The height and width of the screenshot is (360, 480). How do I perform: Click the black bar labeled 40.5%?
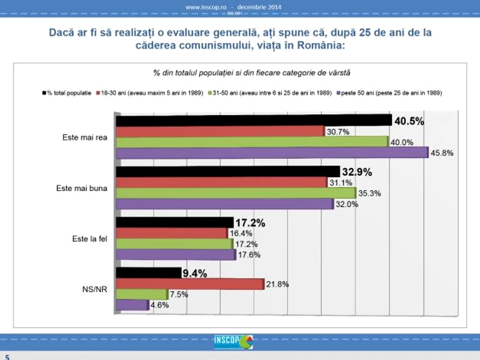tap(254, 120)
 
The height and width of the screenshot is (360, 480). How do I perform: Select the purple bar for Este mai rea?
tap(272, 153)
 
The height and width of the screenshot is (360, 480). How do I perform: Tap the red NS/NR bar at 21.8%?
tap(190, 284)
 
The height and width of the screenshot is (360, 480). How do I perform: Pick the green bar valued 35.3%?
tap(236, 193)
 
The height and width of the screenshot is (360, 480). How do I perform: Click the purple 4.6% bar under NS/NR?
tap(132, 305)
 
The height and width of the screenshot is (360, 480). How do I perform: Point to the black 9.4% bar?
tap(149, 273)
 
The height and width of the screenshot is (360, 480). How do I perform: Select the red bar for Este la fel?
tap(172, 233)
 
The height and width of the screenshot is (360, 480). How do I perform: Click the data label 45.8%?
tap(442, 153)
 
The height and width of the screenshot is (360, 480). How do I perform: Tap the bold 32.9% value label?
tap(357, 172)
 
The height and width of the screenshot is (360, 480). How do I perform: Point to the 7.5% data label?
tap(179, 294)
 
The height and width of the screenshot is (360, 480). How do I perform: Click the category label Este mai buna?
tap(82, 188)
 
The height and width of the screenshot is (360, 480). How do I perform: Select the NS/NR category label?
tap(94, 289)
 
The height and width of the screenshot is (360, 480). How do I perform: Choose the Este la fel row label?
tap(90, 239)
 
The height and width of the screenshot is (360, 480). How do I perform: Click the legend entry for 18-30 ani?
tap(150, 93)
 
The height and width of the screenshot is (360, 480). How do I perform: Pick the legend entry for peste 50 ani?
tap(389, 93)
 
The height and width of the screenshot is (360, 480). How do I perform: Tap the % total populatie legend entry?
tap(67, 93)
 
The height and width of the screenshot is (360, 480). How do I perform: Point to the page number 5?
tap(7, 357)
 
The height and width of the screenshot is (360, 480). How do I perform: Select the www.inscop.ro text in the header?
tap(206, 7)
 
